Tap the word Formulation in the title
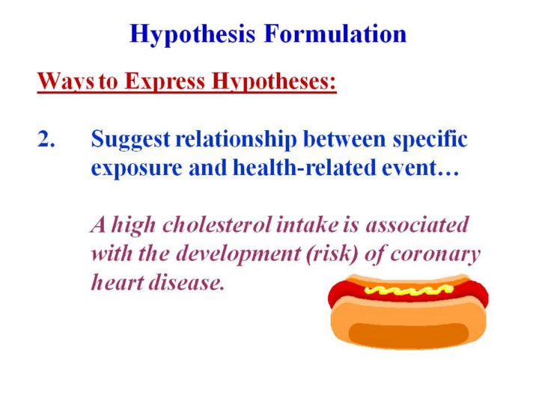(x=335, y=34)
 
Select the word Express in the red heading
(x=164, y=82)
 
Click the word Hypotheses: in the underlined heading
(x=274, y=82)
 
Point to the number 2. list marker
(x=46, y=139)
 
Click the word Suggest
(x=130, y=140)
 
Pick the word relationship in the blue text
(x=236, y=140)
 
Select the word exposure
(x=137, y=168)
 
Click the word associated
(x=417, y=225)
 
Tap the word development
(x=238, y=254)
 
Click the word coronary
(x=435, y=255)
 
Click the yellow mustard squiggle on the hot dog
(x=408, y=290)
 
